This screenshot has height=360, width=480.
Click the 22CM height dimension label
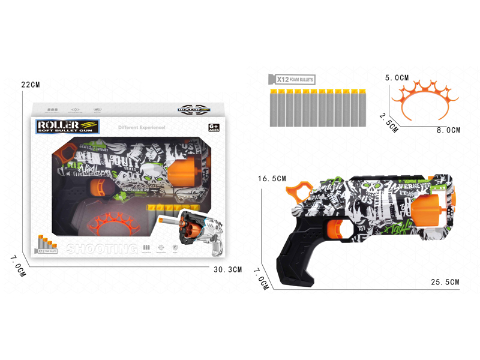(30, 85)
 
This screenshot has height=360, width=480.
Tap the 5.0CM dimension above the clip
(397, 78)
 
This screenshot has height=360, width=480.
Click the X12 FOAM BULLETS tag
(292, 79)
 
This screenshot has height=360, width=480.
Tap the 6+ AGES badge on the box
(213, 127)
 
